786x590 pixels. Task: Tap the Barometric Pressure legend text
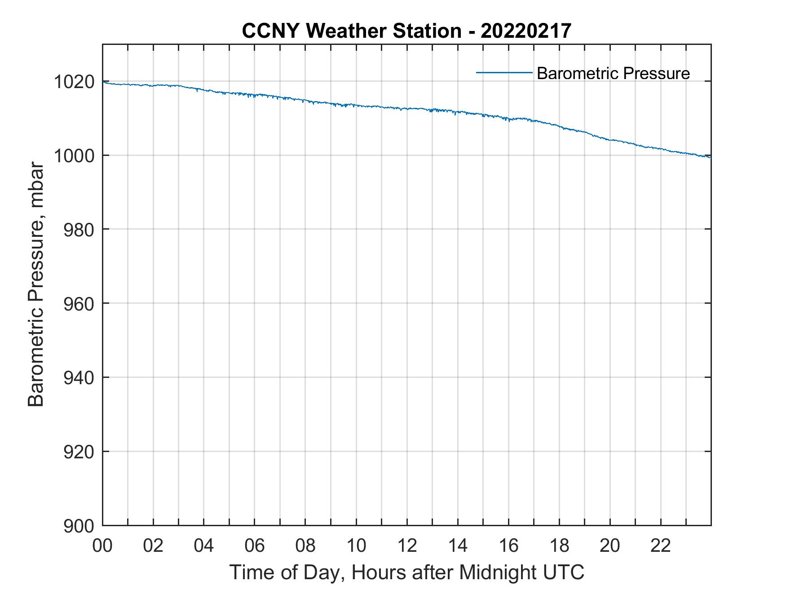click(x=613, y=73)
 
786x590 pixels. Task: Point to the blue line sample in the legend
click(x=503, y=72)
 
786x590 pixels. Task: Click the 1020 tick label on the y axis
click(x=74, y=82)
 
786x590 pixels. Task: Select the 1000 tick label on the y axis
click(x=74, y=156)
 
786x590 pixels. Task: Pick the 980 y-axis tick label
click(x=79, y=230)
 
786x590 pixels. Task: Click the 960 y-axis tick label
click(x=79, y=304)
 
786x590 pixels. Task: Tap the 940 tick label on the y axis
click(x=79, y=378)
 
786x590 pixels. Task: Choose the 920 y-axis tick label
click(x=79, y=452)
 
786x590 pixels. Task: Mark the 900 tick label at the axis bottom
click(x=79, y=526)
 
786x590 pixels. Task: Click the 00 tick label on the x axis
click(x=102, y=546)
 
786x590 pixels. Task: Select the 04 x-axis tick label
click(x=204, y=546)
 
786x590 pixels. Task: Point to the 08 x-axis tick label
click(x=305, y=546)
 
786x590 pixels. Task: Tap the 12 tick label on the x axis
click(x=407, y=546)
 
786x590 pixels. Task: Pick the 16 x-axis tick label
click(x=508, y=546)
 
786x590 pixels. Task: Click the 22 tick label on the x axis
click(x=661, y=546)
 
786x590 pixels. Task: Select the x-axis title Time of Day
click(x=406, y=572)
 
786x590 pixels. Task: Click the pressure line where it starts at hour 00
click(x=104, y=82)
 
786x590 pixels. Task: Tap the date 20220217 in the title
click(x=525, y=31)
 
